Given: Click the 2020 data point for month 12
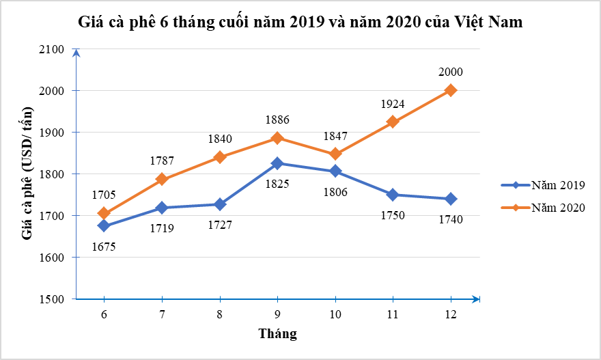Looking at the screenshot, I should click(451, 90).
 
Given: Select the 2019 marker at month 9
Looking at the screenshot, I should click(277, 163).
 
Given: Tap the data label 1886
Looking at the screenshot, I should click(277, 120).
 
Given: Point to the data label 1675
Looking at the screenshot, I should click(103, 247).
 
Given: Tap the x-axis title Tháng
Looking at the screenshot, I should click(277, 334).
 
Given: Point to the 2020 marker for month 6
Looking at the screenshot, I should click(104, 213).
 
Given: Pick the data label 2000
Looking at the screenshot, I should click(451, 72).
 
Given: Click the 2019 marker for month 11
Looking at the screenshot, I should click(393, 195).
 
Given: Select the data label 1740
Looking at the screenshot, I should click(451, 219).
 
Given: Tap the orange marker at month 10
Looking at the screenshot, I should click(335, 154).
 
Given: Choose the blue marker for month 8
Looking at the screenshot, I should click(219, 204).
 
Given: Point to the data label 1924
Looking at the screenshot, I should click(393, 104).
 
